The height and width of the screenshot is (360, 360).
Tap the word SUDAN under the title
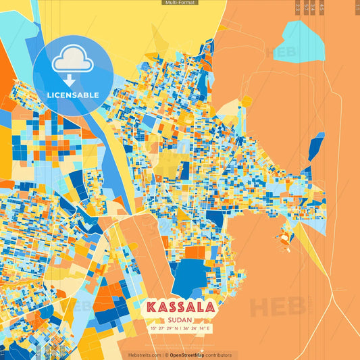[x=180, y=319]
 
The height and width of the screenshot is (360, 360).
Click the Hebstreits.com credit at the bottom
[x=145, y=355]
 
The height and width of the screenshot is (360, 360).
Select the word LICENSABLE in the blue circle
[x=74, y=95]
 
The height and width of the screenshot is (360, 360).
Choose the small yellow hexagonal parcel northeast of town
[x=246, y=101]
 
